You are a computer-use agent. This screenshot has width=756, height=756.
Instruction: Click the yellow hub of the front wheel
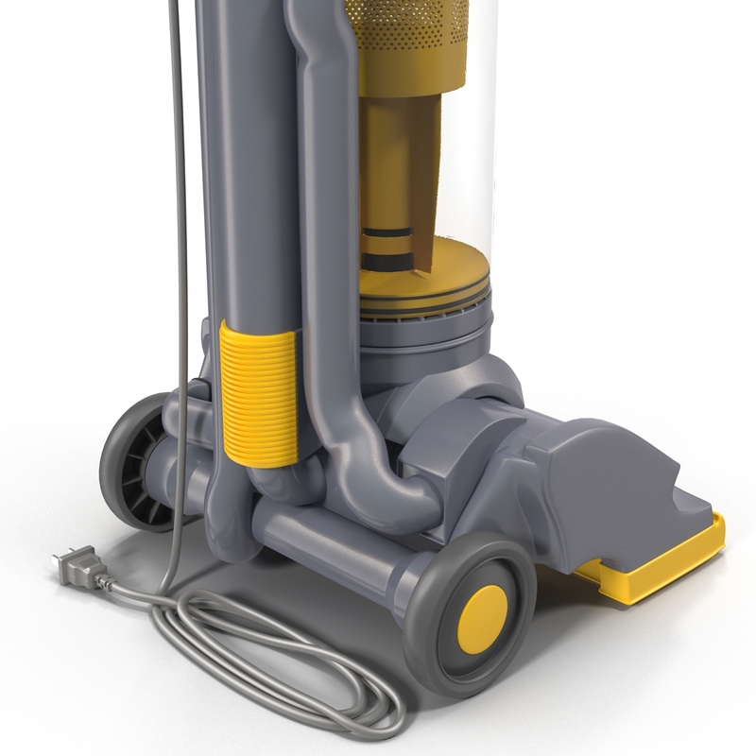click(482, 613)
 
